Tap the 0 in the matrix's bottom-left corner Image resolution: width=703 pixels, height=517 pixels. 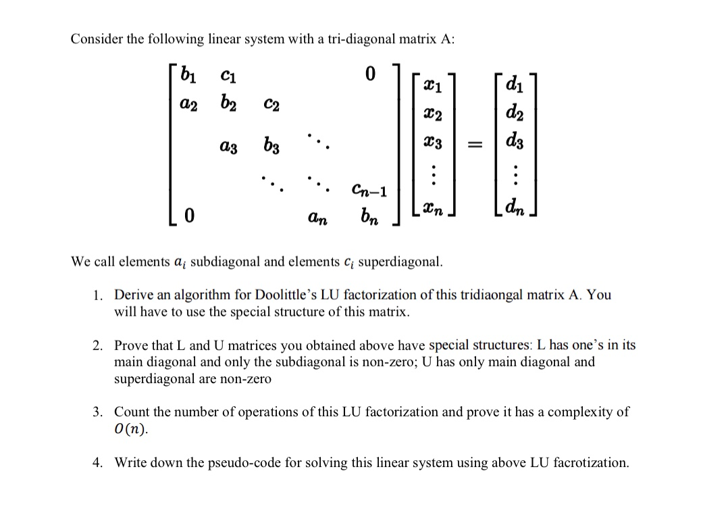(190, 216)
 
